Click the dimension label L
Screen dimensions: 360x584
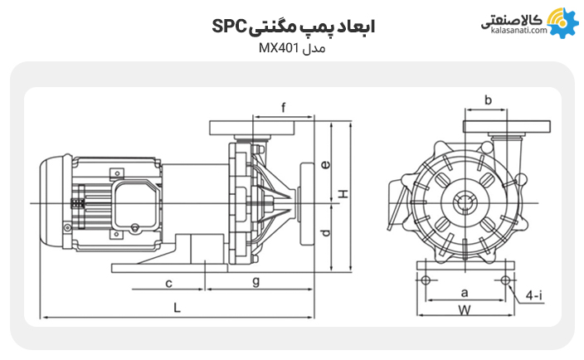point(177,307)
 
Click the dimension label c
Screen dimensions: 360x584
point(168,282)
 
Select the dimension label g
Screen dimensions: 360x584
point(256,281)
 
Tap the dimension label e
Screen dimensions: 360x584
point(326,164)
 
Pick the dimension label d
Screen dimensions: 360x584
point(326,233)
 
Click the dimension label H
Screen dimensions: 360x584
point(341,194)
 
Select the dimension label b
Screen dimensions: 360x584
point(488,100)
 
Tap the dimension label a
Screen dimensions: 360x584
point(465,292)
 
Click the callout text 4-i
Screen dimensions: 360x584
point(534,295)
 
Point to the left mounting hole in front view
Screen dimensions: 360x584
point(426,279)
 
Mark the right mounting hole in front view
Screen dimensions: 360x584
point(504,279)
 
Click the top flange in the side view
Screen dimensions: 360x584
point(259,128)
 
